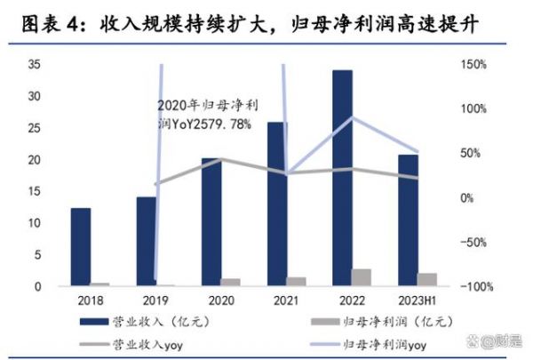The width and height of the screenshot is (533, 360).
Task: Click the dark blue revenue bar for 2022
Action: click(x=337, y=178)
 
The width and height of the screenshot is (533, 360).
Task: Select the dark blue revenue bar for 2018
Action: click(x=81, y=246)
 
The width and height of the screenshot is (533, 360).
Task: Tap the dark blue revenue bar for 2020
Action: click(x=211, y=221)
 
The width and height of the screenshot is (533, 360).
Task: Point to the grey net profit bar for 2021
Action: click(x=296, y=281)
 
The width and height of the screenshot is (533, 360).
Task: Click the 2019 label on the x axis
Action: click(x=155, y=300)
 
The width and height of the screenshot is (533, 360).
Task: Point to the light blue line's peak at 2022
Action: click(x=353, y=117)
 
